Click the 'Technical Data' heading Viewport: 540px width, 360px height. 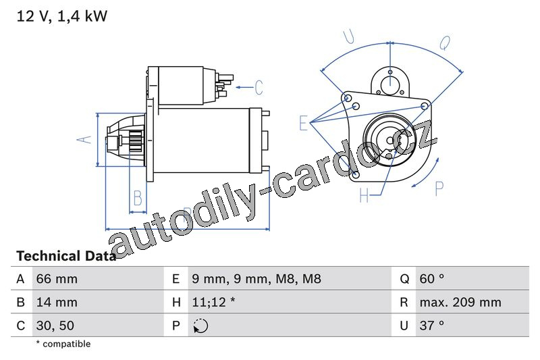65,256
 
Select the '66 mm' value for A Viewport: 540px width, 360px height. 56,279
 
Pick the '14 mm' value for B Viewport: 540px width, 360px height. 56,302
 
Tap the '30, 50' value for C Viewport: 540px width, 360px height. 55,325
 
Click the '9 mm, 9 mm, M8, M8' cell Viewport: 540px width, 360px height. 256,279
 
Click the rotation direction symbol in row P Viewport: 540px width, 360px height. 200,326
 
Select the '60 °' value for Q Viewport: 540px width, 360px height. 431,279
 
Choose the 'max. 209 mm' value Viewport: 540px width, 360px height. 460,302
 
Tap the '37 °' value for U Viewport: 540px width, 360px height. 431,325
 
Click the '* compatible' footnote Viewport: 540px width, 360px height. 63,344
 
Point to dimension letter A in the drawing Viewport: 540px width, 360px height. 84,139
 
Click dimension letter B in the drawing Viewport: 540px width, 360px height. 138,198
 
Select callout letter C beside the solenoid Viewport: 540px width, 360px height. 258,87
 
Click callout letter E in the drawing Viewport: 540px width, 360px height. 304,122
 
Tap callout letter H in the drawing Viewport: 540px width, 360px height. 364,196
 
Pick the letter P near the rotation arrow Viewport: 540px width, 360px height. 439,189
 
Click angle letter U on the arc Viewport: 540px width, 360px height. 349,37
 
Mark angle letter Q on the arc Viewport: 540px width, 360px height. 445,43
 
